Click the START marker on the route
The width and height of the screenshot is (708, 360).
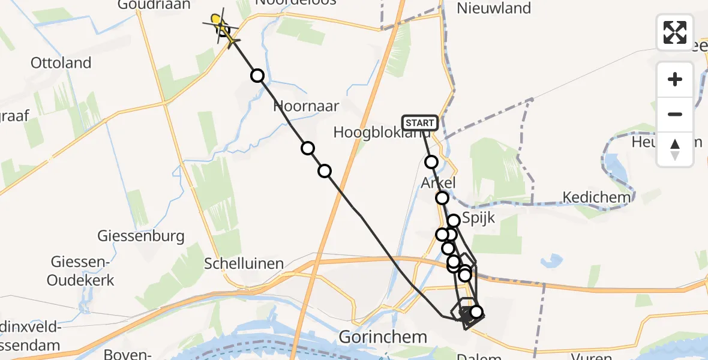(x=420, y=123)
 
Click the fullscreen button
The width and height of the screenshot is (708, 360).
(x=675, y=32)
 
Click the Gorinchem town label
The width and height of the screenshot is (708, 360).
(x=383, y=337)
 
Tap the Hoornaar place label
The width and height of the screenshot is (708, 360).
(x=306, y=106)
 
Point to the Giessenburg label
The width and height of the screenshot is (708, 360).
(x=141, y=236)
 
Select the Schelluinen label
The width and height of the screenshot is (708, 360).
(x=244, y=263)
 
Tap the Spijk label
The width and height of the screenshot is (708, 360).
(x=478, y=217)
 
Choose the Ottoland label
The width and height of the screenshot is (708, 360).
(x=61, y=63)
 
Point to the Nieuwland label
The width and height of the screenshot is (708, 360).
(x=494, y=8)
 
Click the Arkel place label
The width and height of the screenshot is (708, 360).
(x=439, y=182)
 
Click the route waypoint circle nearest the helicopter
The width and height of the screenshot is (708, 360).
(x=257, y=75)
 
